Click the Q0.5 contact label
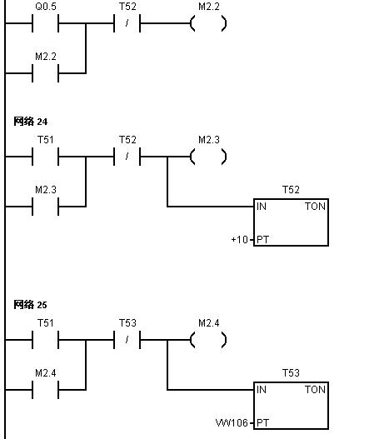[x=46, y=7]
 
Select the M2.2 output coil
[x=208, y=23]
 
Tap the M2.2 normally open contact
[x=45, y=73]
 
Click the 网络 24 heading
[x=31, y=122]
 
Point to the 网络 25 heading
[x=30, y=305]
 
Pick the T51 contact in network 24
[x=45, y=157]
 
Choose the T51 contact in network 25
[x=45, y=340]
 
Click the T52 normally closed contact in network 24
[x=127, y=157]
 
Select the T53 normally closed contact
[x=127, y=340]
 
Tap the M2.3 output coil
[x=208, y=157]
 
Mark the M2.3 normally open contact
[x=45, y=207]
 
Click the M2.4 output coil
[x=208, y=340]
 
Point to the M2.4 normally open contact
[x=45, y=390]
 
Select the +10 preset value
[x=240, y=240]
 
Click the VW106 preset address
[x=232, y=423]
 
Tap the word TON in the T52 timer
[x=315, y=207]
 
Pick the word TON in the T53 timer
[x=315, y=390]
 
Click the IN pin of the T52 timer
[x=262, y=207]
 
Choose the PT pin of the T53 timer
[x=263, y=423]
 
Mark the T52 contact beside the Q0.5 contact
[x=127, y=23]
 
